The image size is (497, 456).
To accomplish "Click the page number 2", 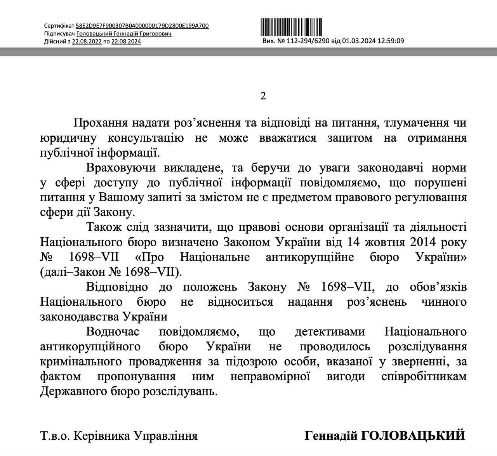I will point(263,96).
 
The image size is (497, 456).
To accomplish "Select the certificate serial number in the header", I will point(142,26).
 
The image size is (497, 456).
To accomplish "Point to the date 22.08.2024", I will point(126,42).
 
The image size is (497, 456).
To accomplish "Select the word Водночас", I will point(113,331).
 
